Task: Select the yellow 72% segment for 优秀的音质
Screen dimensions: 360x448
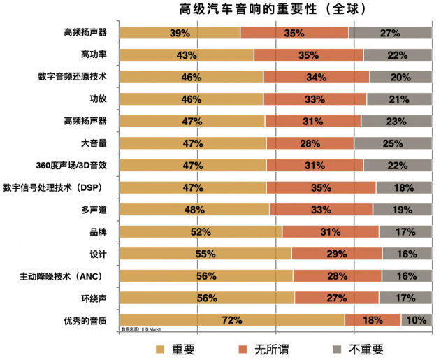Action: [231, 320]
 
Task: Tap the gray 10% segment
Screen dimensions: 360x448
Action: [416, 320]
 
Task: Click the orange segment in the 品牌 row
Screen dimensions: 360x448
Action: [330, 232]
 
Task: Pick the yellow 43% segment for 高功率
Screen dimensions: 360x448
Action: [186, 55]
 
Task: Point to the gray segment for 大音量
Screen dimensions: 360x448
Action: [392, 143]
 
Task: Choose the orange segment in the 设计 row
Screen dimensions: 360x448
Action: [336, 254]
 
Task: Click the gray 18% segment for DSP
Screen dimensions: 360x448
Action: [403, 187]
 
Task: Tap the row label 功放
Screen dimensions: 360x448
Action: [98, 99]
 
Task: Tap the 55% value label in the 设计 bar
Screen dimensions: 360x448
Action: [205, 254]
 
